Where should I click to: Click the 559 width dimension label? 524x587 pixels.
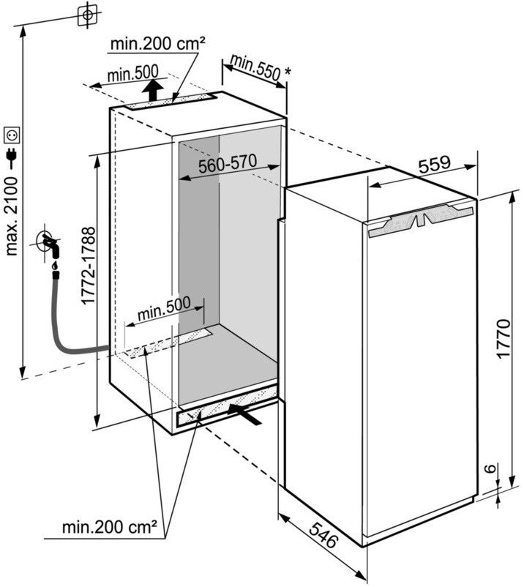click(x=435, y=166)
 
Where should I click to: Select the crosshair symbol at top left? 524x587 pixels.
click(x=87, y=14)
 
